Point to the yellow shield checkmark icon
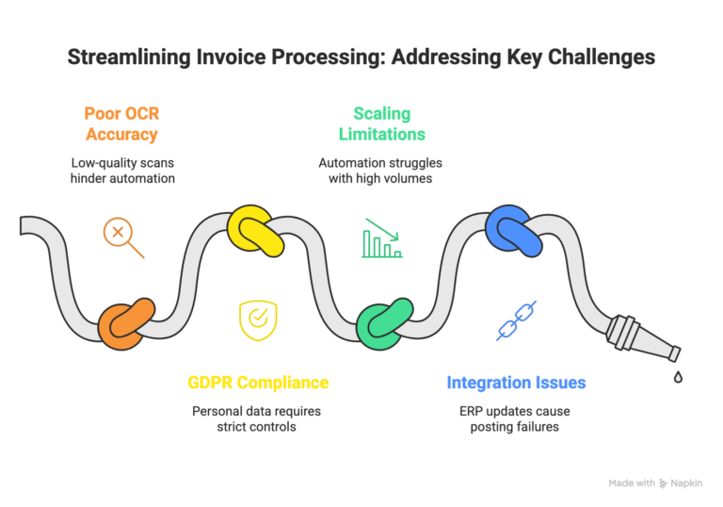pyautogui.click(x=256, y=319)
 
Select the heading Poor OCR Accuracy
pyautogui.click(x=122, y=124)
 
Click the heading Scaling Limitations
pyautogui.click(x=380, y=124)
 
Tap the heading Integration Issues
pyautogui.click(x=516, y=383)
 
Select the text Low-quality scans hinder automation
pyautogui.click(x=122, y=171)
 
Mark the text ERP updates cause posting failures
pyautogui.click(x=516, y=419)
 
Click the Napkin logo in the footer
pyautogui.click(x=665, y=482)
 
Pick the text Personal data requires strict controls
pyautogui.click(x=257, y=419)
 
